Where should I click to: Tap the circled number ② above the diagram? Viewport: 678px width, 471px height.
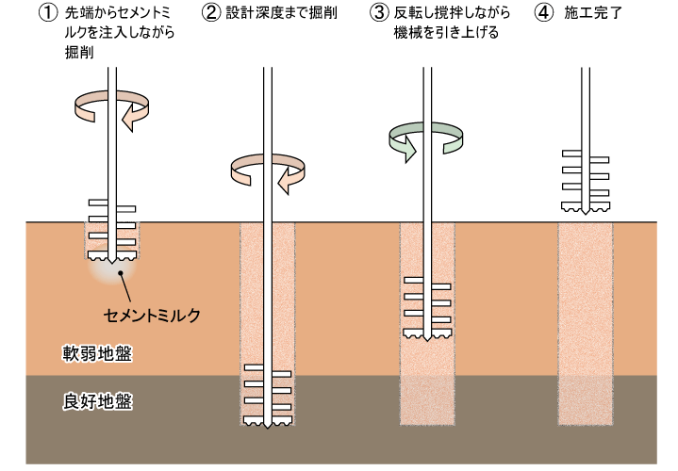tap(210, 13)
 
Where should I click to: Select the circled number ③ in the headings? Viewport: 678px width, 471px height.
tap(379, 13)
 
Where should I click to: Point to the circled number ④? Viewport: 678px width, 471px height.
tap(544, 13)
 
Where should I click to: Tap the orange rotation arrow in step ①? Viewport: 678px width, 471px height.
tap(112, 106)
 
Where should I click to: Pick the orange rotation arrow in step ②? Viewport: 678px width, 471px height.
tap(269, 171)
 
